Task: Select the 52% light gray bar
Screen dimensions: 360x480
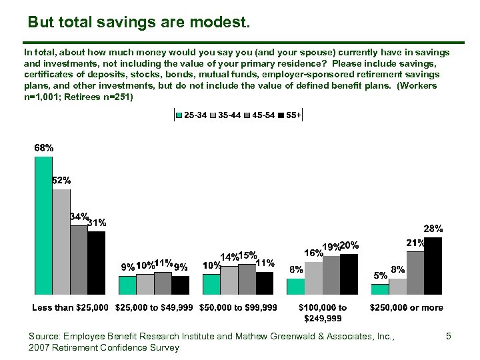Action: pos(61,241)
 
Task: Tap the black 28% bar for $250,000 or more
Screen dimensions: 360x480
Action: pos(433,265)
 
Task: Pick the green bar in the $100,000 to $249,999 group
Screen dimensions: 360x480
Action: pos(295,286)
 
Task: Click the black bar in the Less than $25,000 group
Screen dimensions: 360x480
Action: pos(96,263)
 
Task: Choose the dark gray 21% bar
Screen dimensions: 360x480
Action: pos(415,273)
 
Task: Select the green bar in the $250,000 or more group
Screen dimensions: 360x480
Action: pos(380,289)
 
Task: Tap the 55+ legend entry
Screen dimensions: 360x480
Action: pos(292,115)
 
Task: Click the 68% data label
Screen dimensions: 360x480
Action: pos(44,147)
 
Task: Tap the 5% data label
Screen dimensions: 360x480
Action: pos(380,275)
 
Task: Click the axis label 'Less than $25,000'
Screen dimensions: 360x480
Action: pos(70,307)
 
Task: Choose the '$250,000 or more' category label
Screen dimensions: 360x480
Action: pos(407,307)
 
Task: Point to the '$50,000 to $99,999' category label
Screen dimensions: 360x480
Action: pos(239,307)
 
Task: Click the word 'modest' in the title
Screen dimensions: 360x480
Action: pos(222,23)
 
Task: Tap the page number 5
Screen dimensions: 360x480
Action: pos(449,337)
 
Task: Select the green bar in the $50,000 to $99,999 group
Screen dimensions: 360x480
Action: pos(211,284)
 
